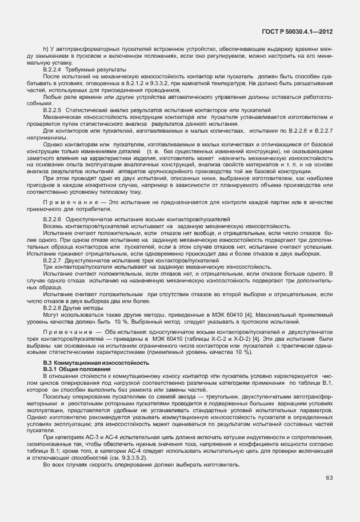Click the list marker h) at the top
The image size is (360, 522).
pos(45,49)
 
